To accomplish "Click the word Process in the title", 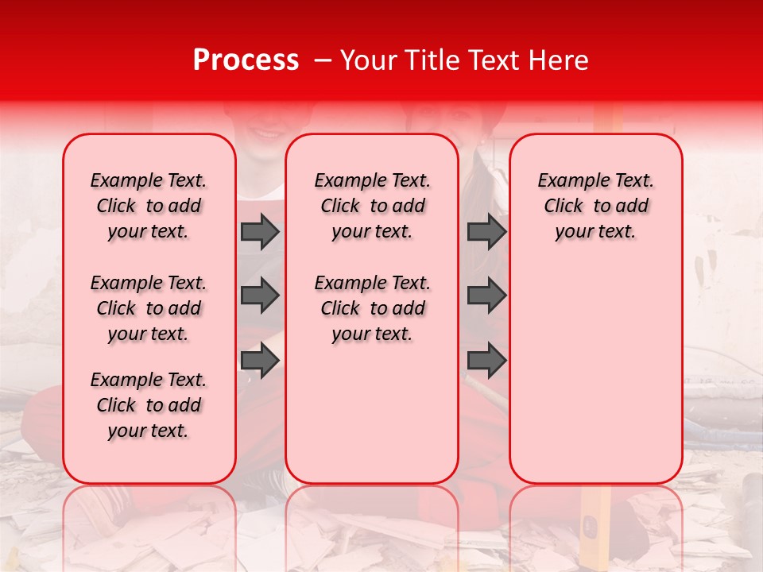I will pos(245,60).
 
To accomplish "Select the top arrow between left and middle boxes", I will pos(260,231).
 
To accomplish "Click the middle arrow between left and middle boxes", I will pos(260,296).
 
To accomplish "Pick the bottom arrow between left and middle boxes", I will pos(260,361).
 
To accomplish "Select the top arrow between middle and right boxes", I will pos(486,231).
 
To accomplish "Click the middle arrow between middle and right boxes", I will pos(486,296).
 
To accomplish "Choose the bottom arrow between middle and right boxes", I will pos(486,361).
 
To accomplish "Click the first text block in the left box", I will pos(149,206).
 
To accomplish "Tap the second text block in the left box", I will pos(149,308).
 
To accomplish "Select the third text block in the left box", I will pos(149,405).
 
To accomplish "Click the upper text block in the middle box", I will pos(372,206).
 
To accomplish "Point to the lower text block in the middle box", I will pos(372,308).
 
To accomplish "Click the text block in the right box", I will pos(595,206).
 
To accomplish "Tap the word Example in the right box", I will pos(568,181).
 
